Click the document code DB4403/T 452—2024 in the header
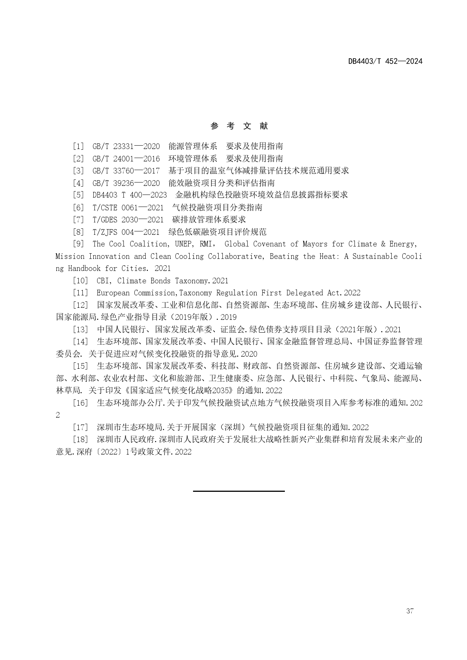385,61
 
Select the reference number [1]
79,146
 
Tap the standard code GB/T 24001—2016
126,159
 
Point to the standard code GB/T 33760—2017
126,171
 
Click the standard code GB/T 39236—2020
126,183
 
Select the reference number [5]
79,195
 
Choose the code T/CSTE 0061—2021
128,207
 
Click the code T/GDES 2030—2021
128,219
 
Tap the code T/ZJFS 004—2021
126,232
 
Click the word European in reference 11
113,293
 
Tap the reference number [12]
81,305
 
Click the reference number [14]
81,342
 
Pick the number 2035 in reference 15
225,390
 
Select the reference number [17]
81,427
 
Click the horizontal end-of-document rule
239,491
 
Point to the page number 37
410,611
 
